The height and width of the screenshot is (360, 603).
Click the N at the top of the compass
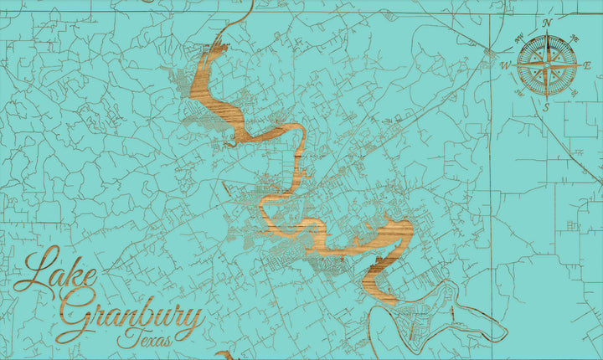(548, 23)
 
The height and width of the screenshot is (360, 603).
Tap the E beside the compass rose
(587, 65)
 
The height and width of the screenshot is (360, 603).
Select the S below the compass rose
(546, 107)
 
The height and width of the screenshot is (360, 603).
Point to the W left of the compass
(506, 65)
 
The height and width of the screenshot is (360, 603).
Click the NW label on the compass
(519, 37)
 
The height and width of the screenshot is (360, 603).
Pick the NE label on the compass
(575, 38)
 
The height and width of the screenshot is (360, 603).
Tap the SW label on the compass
(519, 93)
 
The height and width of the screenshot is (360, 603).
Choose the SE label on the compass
(574, 93)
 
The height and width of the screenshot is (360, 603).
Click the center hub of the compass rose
(547, 65)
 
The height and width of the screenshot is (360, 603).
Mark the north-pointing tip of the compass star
(547, 33)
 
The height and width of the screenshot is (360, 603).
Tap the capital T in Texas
(126, 337)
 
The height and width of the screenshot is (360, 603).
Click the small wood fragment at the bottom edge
(224, 356)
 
